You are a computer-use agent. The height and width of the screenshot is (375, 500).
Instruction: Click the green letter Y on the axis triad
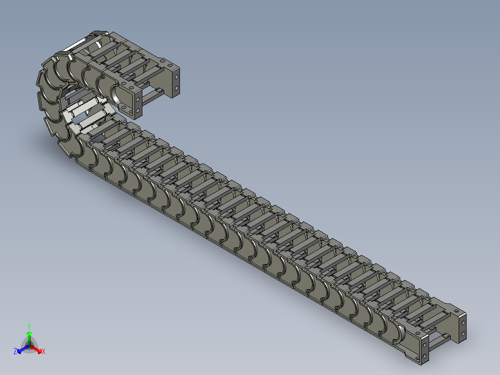(29, 326)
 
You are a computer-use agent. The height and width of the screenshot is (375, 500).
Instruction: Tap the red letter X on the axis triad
(43, 352)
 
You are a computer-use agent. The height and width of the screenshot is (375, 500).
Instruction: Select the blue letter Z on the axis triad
(15, 352)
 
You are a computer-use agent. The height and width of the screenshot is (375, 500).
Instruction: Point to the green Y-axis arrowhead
(29, 334)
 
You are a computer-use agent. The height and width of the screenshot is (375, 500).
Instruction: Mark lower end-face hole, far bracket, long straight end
(463, 332)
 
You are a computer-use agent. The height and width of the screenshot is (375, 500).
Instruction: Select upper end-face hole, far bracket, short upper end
(177, 76)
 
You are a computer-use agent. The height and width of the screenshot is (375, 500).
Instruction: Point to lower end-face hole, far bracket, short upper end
(177, 87)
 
